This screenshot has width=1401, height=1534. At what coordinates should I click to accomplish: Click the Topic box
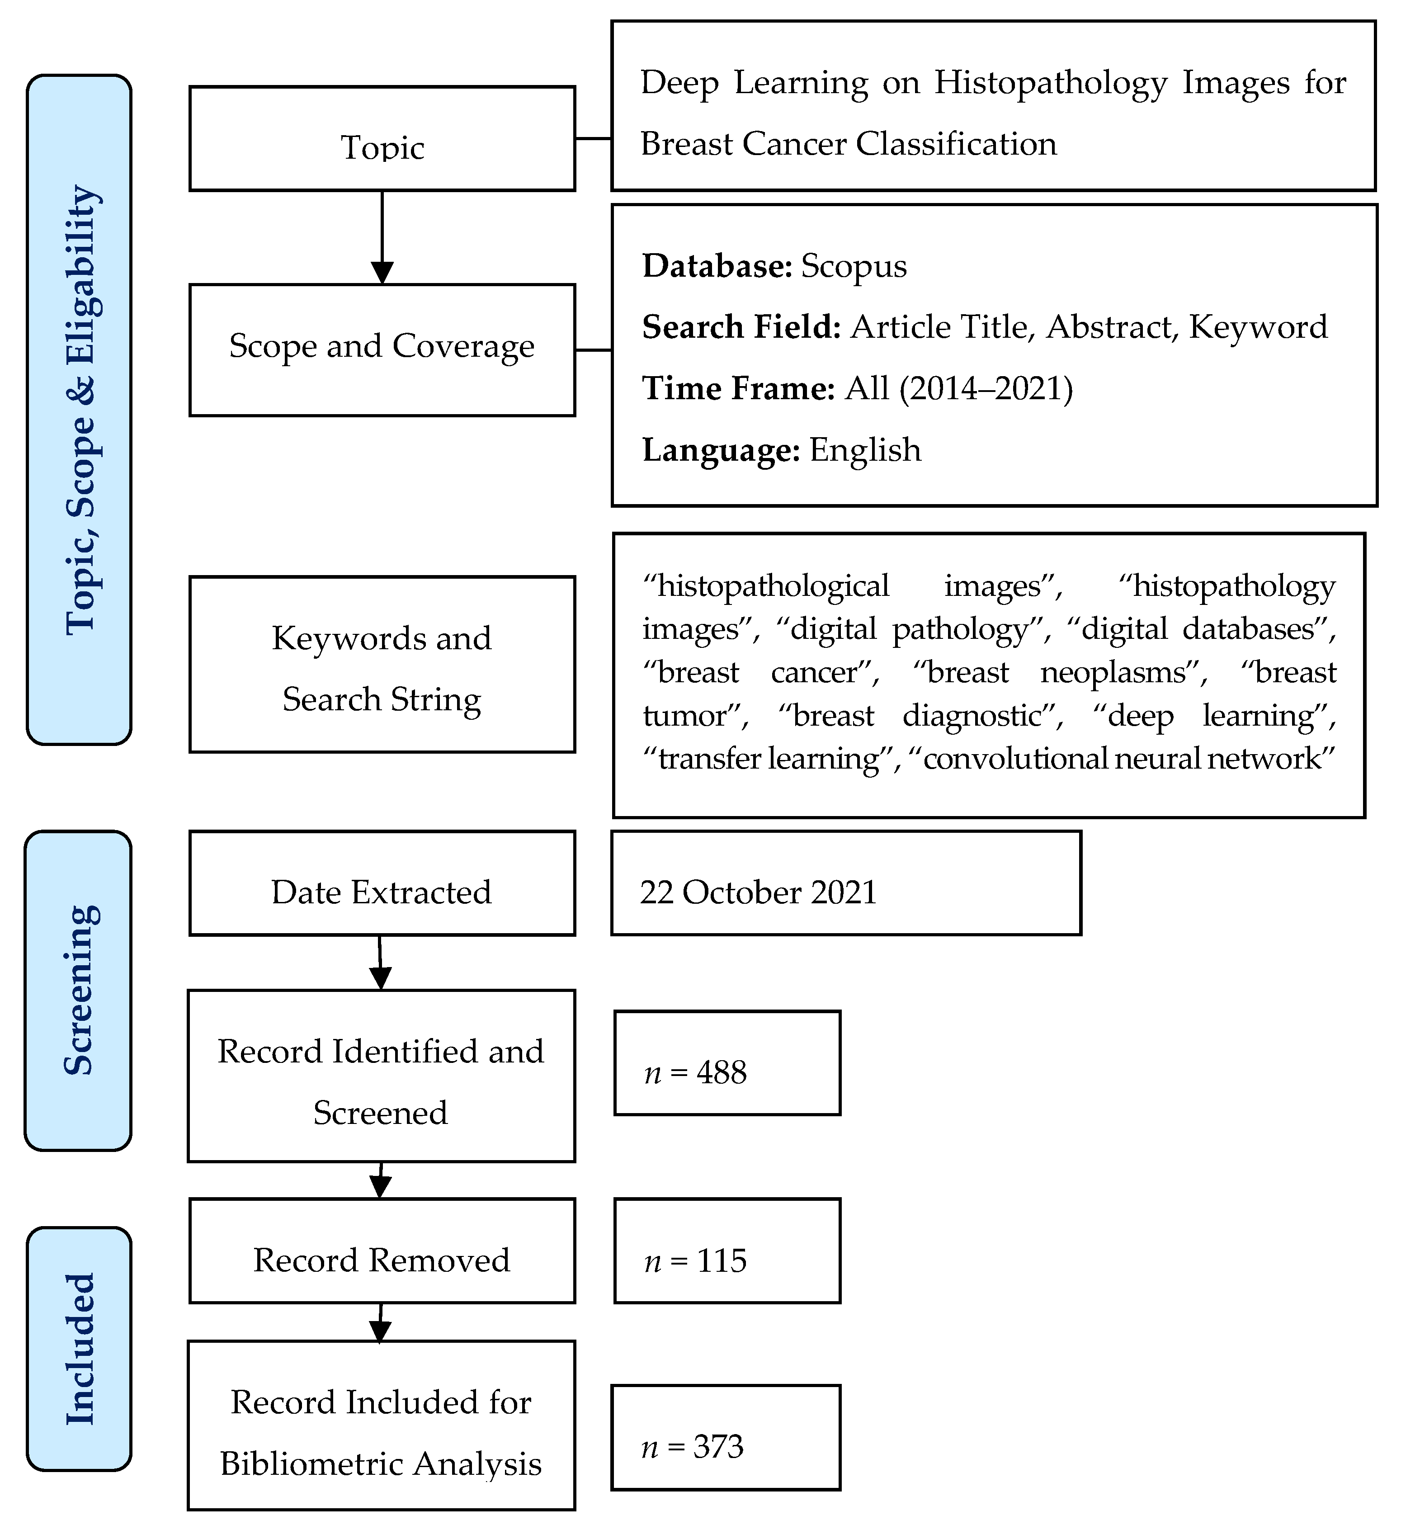pyautogui.click(x=382, y=139)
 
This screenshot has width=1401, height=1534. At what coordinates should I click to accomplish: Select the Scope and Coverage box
pyautogui.click(x=382, y=350)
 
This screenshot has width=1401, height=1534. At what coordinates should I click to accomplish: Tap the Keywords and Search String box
pyautogui.click(x=382, y=664)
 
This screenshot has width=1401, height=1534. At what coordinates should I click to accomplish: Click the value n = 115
pyautogui.click(x=696, y=1261)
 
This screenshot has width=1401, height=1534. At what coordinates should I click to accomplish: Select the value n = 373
pyautogui.click(x=693, y=1446)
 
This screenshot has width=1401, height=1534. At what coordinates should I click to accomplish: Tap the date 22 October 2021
pyautogui.click(x=758, y=892)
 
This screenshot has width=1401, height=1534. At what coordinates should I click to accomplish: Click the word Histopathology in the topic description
pyautogui.click(x=1050, y=83)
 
